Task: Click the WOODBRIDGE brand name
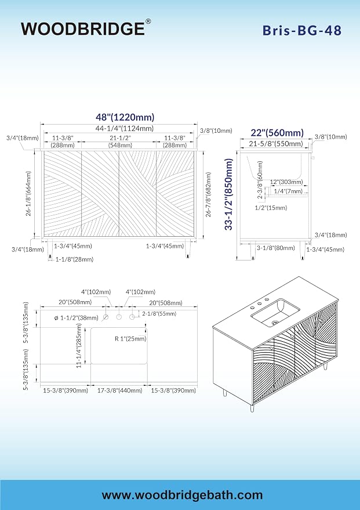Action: coord(83,28)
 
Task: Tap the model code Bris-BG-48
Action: coord(302,30)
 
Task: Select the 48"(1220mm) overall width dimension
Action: coord(125,117)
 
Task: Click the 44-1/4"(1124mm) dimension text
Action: coord(125,128)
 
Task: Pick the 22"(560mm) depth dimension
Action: coord(277,133)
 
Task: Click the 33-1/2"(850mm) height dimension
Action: coord(229,194)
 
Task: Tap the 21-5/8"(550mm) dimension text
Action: coord(276,143)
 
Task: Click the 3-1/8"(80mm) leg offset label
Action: coord(276,248)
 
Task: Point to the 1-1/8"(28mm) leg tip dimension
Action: coord(74,259)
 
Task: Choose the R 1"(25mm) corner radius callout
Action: coord(130,339)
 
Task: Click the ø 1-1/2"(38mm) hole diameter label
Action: coord(77,318)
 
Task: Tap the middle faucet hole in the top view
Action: coord(119,317)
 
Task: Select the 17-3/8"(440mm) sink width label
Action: coord(120,390)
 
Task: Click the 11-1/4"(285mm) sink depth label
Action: coord(79,348)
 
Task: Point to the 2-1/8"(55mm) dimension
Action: coord(159,313)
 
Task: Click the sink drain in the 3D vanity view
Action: coord(275,323)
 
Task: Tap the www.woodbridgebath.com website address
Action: coord(182,495)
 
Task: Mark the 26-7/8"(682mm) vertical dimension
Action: coord(208,194)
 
